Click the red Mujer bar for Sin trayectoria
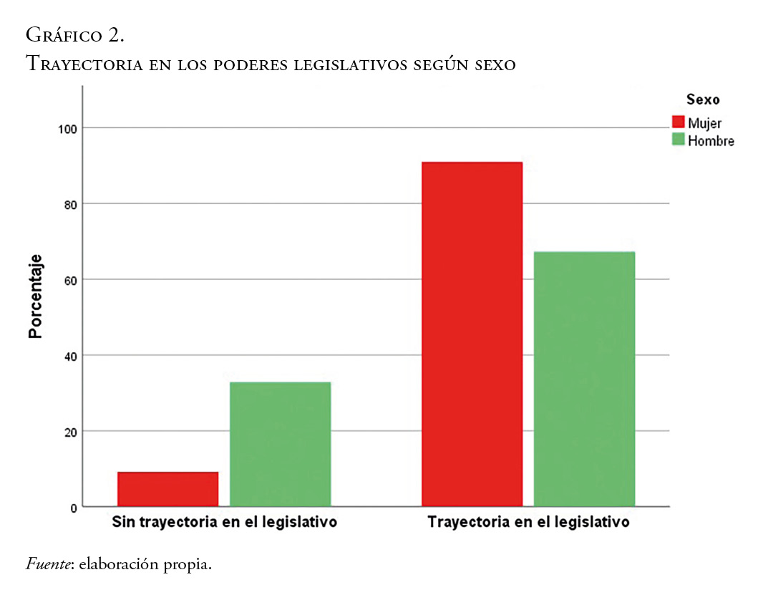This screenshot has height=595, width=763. [167, 489]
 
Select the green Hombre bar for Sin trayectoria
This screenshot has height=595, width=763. [280, 444]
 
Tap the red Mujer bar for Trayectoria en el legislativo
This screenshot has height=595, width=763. [472, 334]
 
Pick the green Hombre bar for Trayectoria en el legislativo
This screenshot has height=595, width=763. [584, 379]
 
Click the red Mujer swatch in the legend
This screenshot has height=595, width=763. [679, 122]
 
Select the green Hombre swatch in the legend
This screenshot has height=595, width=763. [679, 140]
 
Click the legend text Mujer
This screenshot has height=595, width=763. [704, 122]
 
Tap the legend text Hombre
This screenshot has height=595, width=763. [711, 140]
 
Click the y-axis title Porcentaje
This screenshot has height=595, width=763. [35, 296]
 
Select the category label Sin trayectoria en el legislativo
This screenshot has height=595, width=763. [224, 522]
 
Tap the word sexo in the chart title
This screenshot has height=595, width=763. [495, 64]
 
